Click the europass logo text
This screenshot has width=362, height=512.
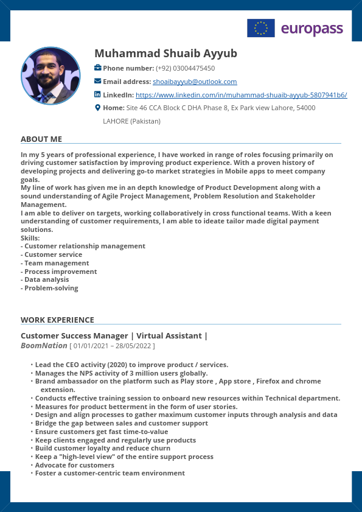pos(312,29)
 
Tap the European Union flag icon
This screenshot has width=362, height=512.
pos(260,28)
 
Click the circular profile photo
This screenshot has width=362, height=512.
pos(50,75)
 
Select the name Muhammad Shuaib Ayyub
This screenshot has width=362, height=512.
pos(165,54)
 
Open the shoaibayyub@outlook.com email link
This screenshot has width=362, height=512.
pos(195,82)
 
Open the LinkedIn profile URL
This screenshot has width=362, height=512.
pos(241,95)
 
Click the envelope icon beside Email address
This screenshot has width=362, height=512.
pos(98,81)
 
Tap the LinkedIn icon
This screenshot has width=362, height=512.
pos(97,94)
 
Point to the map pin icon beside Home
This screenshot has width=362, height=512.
pos(97,108)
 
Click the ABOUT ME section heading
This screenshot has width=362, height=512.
pos(41,139)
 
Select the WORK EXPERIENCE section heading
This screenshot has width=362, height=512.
pos(57,320)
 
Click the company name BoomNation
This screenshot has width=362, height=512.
pos(44,346)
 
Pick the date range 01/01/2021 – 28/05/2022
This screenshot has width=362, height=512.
pos(113,346)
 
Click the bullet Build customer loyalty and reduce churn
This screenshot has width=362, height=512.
pos(103,448)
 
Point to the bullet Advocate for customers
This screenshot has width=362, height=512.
pos(74,465)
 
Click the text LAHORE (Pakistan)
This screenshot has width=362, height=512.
pos(131,121)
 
